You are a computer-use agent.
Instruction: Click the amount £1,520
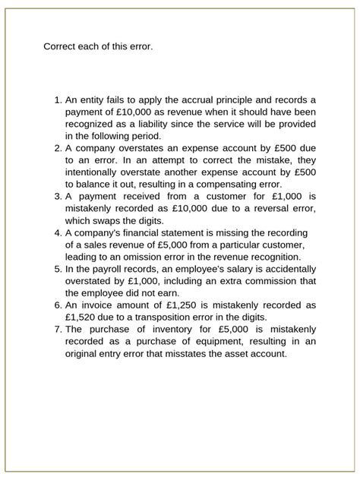[84, 316]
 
